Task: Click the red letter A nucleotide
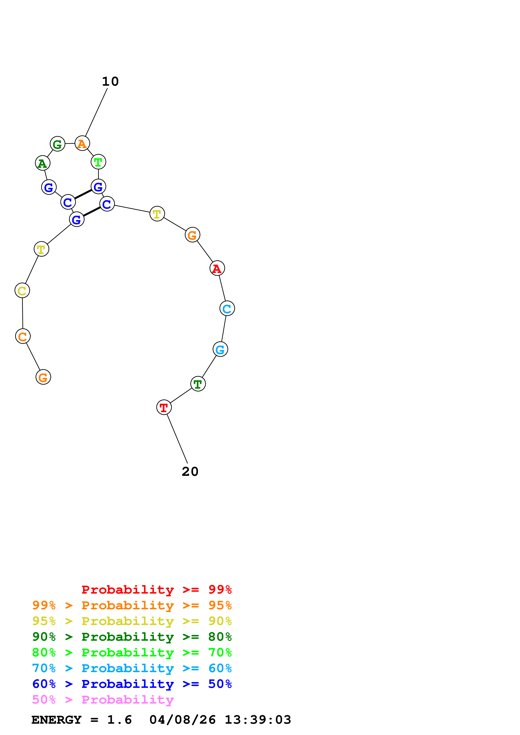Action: tap(217, 268)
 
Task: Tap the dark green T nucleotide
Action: tap(198, 384)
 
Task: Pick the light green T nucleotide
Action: tap(98, 162)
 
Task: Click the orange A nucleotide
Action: tap(82, 143)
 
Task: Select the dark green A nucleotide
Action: tap(43, 163)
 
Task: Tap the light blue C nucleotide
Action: tap(227, 309)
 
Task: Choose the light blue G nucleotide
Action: tap(220, 349)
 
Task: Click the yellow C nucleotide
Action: tap(22, 291)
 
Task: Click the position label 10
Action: tap(110, 82)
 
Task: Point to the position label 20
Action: tap(190, 472)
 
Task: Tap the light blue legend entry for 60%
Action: tap(132, 668)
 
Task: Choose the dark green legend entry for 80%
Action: tap(132, 637)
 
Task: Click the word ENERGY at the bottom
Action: tap(56, 720)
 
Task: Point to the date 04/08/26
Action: tap(182, 720)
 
